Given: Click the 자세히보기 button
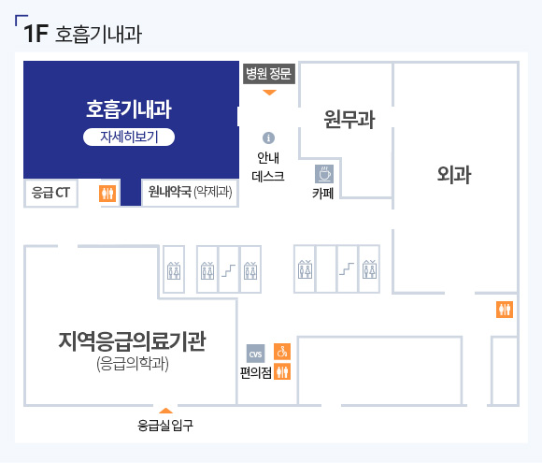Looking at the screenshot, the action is [x=129, y=137].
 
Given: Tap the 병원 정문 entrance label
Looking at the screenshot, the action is [x=269, y=74].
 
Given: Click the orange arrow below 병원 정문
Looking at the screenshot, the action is [x=269, y=93].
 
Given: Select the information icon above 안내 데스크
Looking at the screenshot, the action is [x=268, y=137].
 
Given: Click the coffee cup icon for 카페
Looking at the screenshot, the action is [x=324, y=174].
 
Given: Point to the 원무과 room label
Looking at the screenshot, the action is [x=349, y=120].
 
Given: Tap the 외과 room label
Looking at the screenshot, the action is [x=454, y=174].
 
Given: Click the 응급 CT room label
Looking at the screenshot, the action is [x=50, y=193].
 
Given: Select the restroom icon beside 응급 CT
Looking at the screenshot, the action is [x=107, y=193].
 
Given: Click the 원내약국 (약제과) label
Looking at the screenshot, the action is [x=190, y=192].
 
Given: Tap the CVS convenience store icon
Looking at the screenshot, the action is [x=255, y=354].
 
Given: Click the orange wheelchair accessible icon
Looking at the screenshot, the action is [x=282, y=352].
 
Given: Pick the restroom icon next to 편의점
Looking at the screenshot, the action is [x=282, y=371].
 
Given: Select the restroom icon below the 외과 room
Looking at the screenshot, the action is [x=505, y=310].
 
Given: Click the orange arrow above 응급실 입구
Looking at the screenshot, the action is [x=165, y=411].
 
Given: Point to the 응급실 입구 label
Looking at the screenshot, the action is [x=165, y=426].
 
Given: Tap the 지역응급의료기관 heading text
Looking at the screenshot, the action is [x=133, y=341].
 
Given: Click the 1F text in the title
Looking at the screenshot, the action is [x=36, y=34].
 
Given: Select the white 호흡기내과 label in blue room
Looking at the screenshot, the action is [x=129, y=109].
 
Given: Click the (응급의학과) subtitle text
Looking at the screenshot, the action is [x=133, y=364].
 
